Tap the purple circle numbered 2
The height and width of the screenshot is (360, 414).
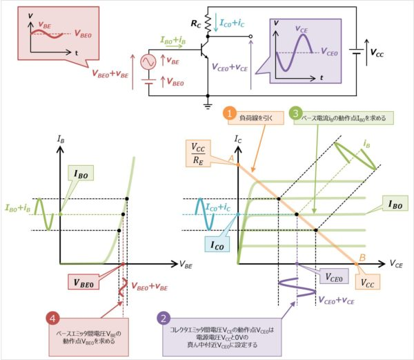(x=163, y=320)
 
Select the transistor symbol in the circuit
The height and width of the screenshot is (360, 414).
(x=204, y=50)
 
